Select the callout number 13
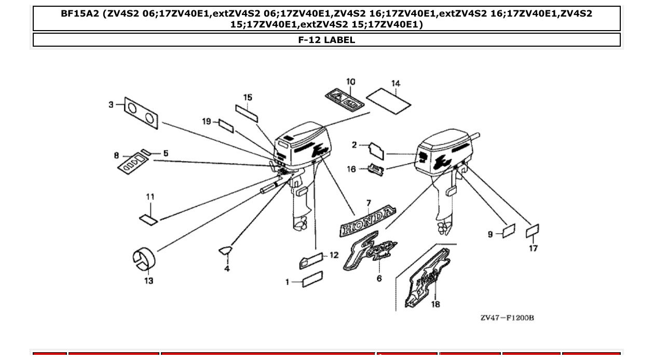coord(149,281)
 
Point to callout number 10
coord(351,81)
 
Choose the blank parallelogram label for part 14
coord(388,100)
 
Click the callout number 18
coord(435,304)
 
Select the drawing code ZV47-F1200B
coord(507,317)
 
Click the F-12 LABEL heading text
coord(326,40)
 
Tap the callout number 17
coord(533,248)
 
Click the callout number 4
coord(227,269)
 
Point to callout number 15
coord(248,97)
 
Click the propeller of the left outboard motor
coord(299,226)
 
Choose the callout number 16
coord(351,169)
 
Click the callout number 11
coord(150,197)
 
